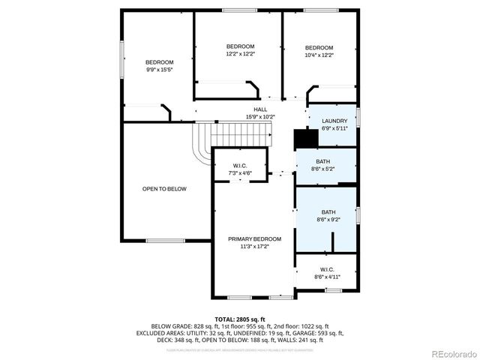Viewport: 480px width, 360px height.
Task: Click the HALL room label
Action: tap(260, 109)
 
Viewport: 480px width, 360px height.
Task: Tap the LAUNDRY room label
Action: tap(334, 121)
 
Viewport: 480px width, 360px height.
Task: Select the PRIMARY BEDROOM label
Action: tap(255, 238)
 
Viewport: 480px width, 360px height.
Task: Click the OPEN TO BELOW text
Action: tap(164, 189)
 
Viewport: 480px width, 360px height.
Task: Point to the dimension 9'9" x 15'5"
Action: tap(159, 70)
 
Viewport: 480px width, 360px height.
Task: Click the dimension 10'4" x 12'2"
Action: tap(319, 55)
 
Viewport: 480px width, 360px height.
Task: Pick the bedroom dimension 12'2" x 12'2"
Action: tap(240, 55)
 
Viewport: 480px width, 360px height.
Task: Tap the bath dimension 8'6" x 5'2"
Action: tap(322, 169)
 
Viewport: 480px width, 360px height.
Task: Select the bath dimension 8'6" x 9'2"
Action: tap(328, 220)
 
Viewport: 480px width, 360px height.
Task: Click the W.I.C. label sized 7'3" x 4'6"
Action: tap(240, 166)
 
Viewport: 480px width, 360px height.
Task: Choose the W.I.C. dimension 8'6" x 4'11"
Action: tap(327, 277)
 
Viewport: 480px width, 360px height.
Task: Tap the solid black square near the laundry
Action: tap(303, 139)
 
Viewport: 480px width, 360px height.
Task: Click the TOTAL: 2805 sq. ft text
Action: tap(240, 319)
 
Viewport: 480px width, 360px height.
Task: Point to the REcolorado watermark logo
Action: tap(448, 352)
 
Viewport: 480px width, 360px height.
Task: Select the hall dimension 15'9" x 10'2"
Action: tap(260, 117)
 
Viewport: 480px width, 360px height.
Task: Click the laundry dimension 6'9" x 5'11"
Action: tap(334, 129)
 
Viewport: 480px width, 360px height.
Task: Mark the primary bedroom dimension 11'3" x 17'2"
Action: tap(255, 246)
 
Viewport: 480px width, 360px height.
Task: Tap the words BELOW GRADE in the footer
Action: tap(169, 325)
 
